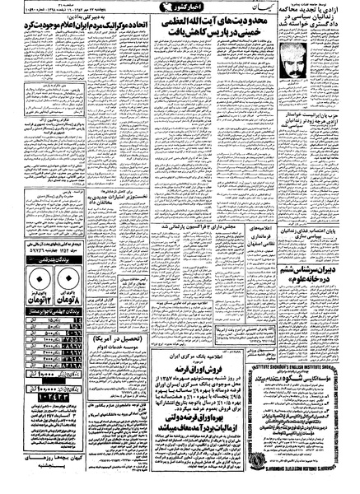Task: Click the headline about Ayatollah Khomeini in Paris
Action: (x=216, y=35)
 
